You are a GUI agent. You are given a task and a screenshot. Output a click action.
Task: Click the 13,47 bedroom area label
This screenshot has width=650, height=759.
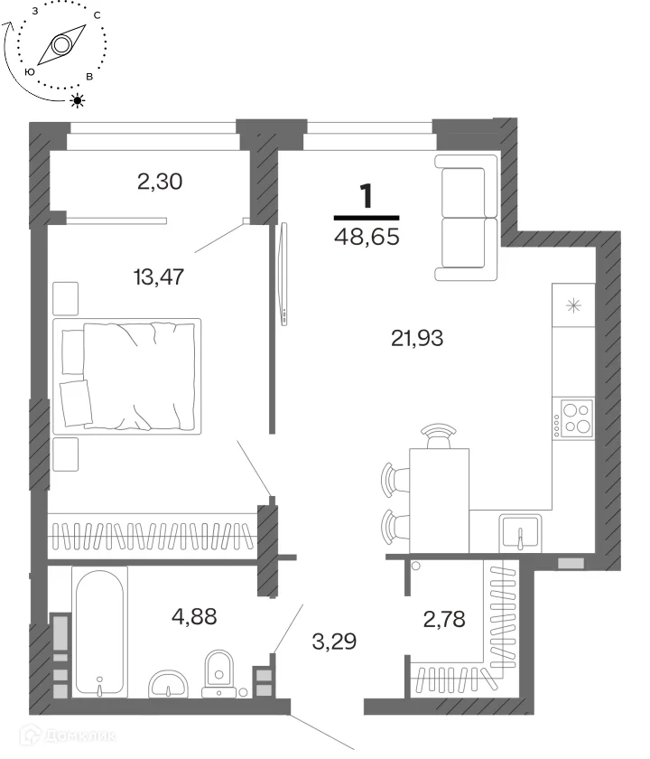[159, 276]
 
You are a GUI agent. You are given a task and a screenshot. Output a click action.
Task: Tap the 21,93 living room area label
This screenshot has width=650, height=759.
[417, 338]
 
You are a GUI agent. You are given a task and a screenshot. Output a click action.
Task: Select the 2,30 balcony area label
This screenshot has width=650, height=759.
[160, 182]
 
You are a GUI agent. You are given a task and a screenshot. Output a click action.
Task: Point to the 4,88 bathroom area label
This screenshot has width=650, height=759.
[194, 616]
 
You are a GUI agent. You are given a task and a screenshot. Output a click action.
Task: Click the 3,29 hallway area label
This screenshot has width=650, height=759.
[334, 642]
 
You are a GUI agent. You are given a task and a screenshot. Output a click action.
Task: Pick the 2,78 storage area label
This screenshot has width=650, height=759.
[444, 619]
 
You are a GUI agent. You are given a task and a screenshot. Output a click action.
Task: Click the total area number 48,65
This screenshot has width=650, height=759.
[367, 237]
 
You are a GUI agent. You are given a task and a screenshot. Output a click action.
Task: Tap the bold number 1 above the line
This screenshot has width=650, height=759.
[367, 196]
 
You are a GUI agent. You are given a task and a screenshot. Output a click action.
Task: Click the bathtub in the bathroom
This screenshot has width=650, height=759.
[99, 632]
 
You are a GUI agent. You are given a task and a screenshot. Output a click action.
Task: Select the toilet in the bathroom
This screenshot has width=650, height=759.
[219, 673]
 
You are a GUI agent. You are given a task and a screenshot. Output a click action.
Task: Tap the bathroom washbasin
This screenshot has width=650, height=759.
[168, 685]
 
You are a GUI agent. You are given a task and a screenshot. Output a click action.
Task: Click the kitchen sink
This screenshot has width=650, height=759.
[520, 533]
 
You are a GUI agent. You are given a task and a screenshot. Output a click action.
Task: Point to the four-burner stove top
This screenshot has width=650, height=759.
[574, 418]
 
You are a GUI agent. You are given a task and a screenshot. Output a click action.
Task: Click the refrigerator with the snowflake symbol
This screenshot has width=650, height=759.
[573, 305]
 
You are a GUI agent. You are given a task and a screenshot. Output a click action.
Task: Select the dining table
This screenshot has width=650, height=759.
[439, 501]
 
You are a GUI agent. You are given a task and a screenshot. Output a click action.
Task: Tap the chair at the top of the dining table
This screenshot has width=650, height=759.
[438, 436]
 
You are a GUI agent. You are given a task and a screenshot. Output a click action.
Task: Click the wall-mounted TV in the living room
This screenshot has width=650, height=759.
[283, 274]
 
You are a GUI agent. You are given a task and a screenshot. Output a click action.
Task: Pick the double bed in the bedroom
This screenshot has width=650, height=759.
[126, 376]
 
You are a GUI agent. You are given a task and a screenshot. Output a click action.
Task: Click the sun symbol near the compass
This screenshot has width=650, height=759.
[78, 100]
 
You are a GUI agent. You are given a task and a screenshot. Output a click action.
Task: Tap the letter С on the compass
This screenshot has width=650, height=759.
[97, 15]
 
